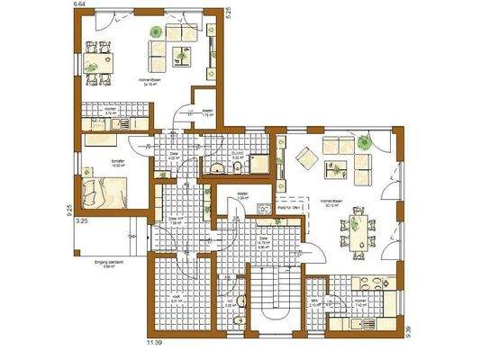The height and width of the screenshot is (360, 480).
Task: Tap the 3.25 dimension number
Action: coord(80,220)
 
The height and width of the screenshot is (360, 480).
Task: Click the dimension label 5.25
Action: coord(228,11)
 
